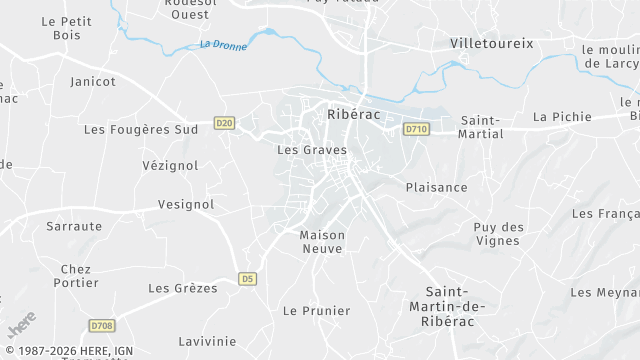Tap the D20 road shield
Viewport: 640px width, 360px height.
click(224, 124)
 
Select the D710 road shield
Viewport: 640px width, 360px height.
click(417, 129)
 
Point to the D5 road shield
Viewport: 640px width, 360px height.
click(248, 279)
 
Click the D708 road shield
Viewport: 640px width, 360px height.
click(102, 325)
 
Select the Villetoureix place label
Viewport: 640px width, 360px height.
click(492, 44)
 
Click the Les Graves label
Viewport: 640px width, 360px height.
click(311, 150)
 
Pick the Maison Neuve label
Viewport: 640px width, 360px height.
click(322, 242)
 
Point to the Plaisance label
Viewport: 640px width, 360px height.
click(436, 187)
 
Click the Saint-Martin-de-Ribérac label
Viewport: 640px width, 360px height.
click(443, 306)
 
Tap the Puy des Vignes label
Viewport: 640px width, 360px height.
click(498, 234)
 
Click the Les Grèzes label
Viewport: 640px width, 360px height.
click(183, 288)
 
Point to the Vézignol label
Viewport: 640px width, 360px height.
click(170, 165)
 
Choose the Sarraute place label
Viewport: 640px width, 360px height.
click(74, 226)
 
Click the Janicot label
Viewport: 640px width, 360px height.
click(93, 81)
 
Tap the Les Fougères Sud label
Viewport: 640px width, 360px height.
click(141, 129)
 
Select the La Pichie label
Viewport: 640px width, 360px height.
click(562, 117)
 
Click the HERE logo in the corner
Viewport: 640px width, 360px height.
click(22, 326)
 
